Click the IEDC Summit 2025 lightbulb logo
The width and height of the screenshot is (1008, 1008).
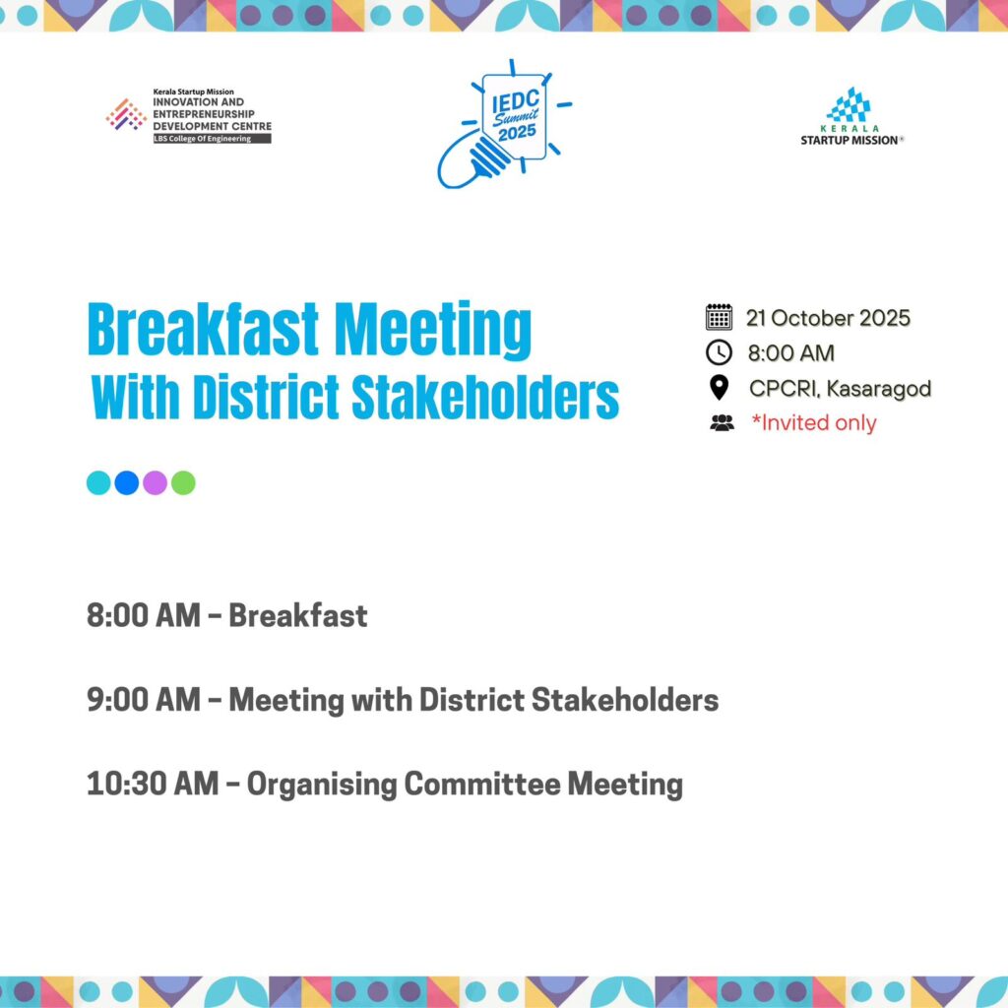tap(505, 124)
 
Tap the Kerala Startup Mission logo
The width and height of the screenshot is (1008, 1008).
tap(851, 117)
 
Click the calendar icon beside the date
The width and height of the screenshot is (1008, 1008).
tap(719, 317)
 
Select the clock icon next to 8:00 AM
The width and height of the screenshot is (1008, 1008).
tap(719, 352)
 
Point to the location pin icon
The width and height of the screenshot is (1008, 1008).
tap(719, 388)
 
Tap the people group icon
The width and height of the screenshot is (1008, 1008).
tap(722, 422)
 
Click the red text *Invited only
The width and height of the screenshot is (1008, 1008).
tap(814, 423)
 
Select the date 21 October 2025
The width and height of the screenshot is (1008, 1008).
tap(828, 318)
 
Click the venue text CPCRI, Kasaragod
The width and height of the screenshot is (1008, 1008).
tap(841, 388)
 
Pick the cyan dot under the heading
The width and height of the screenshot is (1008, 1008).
tap(98, 482)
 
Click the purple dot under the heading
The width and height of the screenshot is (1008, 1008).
tap(155, 482)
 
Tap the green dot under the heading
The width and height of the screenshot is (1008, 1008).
tap(183, 482)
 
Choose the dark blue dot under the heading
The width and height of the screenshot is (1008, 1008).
tap(127, 482)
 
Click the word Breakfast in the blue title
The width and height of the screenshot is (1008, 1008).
tap(203, 329)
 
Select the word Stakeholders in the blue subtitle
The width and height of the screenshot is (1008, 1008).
tap(485, 397)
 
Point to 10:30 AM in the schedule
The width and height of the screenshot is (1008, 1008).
tap(153, 784)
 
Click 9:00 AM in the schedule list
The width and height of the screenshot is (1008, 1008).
tap(144, 700)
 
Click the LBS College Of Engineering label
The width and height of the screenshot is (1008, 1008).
tap(213, 139)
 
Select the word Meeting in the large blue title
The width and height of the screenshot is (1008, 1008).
tap(433, 331)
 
